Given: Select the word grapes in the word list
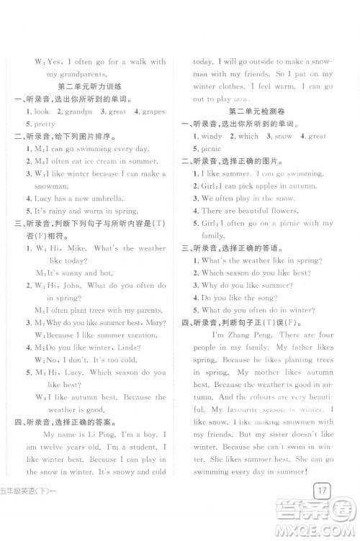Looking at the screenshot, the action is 155,112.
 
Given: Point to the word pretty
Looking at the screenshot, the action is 45,124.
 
